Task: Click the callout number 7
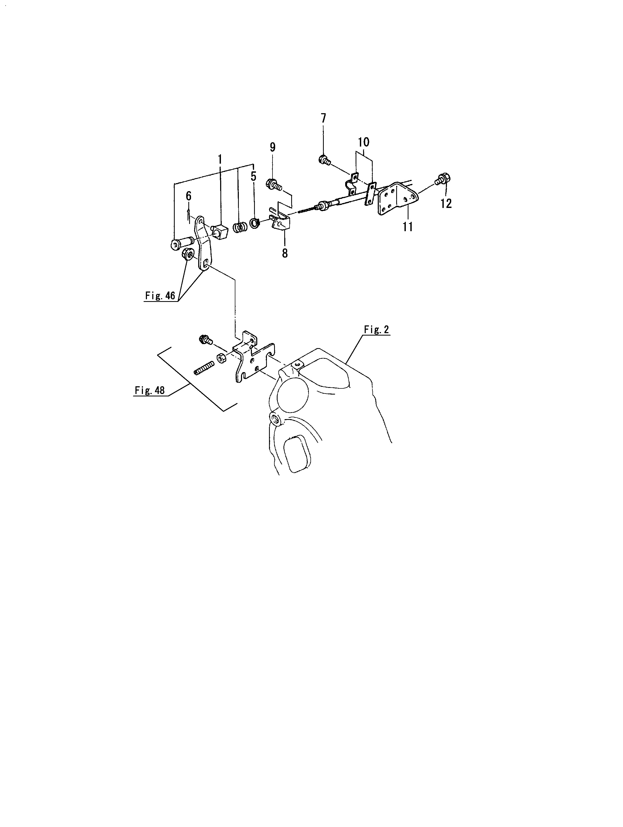coord(323,119)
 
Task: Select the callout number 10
coord(363,142)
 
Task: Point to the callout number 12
coord(446,203)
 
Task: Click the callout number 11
coord(407,227)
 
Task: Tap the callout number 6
coord(189,196)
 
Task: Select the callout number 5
coord(254,176)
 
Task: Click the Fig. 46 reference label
coord(160,296)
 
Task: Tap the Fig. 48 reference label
coord(150,390)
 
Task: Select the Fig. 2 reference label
coord(376,329)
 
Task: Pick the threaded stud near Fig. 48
coord(204,368)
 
